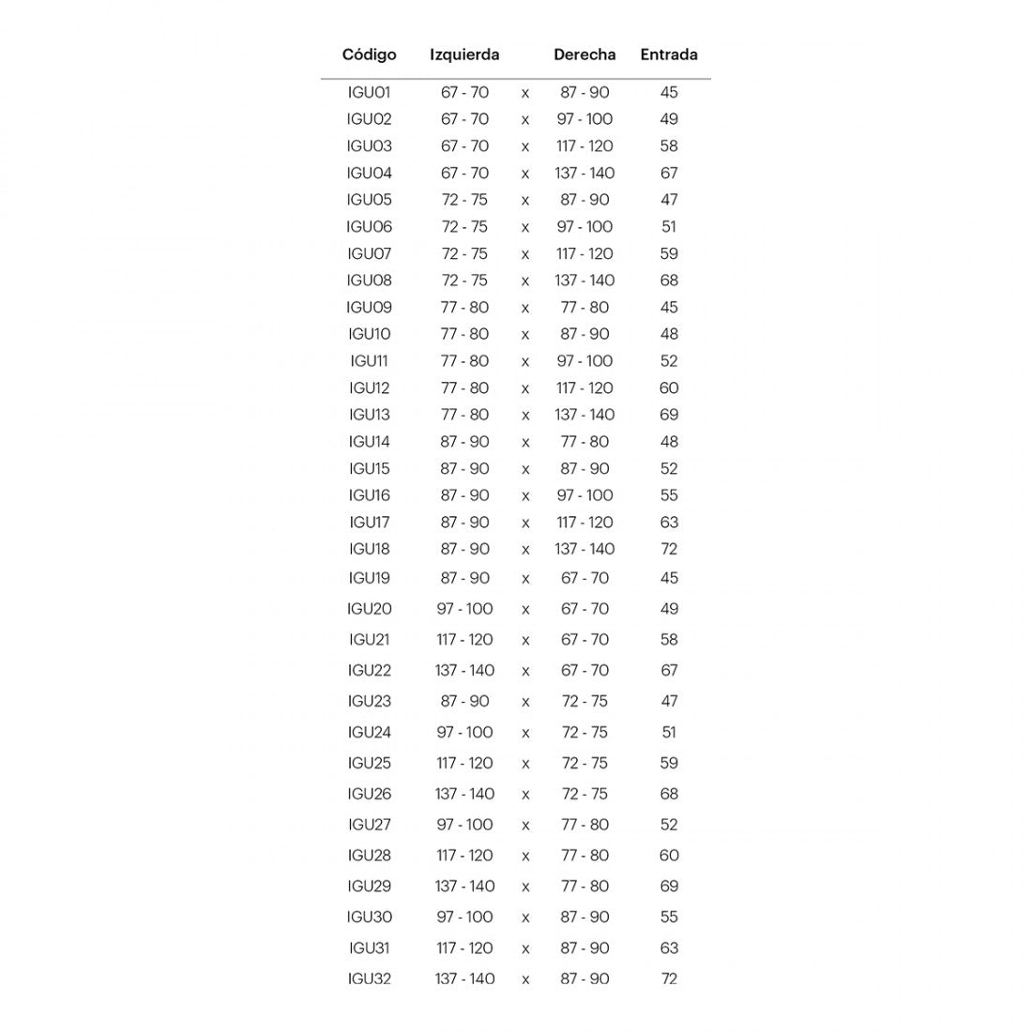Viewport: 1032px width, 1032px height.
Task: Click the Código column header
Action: click(369, 54)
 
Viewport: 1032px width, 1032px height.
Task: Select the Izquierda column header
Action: click(464, 54)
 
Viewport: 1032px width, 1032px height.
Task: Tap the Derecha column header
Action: click(584, 54)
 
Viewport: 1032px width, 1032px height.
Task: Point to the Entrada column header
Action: click(669, 54)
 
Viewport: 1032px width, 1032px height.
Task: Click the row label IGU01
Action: click(369, 93)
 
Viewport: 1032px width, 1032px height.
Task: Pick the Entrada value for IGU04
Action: click(669, 174)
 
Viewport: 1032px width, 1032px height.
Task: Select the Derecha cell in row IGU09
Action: click(584, 308)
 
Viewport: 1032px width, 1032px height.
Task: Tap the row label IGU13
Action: click(369, 415)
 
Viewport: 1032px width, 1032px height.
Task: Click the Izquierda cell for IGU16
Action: click(464, 495)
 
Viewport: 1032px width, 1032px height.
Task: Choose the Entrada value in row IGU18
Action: click(669, 549)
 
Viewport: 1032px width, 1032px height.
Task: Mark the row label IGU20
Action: click(369, 609)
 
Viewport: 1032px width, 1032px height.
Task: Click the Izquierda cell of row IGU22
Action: click(464, 671)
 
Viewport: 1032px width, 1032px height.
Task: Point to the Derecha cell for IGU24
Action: click(584, 733)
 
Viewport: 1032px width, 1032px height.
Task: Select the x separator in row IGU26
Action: click(525, 795)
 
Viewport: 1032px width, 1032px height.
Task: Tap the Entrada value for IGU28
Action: click(669, 856)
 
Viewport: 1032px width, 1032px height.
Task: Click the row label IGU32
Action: click(369, 979)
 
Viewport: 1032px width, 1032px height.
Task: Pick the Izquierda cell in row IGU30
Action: click(464, 918)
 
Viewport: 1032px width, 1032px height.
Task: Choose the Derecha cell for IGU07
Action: click(584, 254)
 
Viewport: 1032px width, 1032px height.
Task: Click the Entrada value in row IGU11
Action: click(669, 361)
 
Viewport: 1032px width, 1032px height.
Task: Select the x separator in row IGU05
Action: click(525, 201)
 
